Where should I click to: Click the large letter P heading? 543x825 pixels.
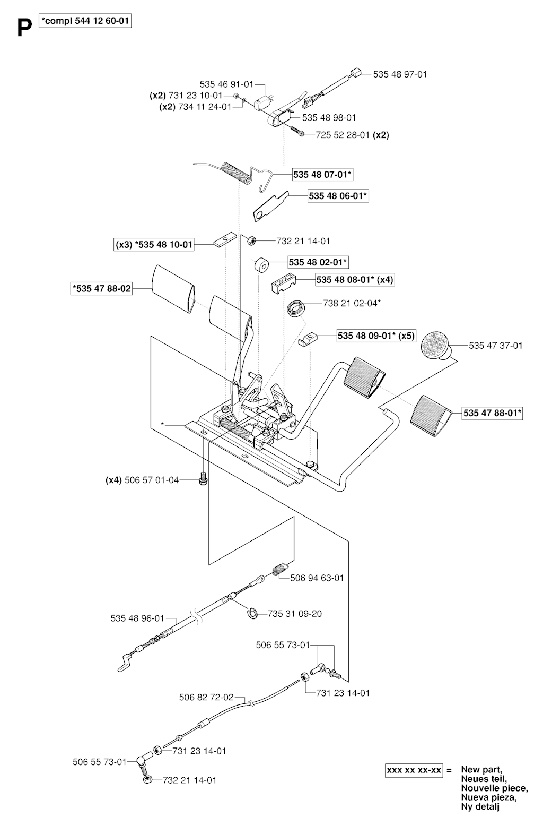[x=24, y=28]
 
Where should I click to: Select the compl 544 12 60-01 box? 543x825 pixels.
[x=85, y=21]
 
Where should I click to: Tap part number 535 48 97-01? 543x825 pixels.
[x=400, y=74]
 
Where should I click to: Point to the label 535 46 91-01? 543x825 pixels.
[x=226, y=84]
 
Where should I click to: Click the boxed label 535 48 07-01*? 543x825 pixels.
[x=322, y=174]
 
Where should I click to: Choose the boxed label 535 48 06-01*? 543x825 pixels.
[x=338, y=195]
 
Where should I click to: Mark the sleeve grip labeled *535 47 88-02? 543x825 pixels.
[x=173, y=288]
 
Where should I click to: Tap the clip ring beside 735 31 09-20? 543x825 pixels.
[x=253, y=613]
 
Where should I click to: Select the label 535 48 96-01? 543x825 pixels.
[x=137, y=618]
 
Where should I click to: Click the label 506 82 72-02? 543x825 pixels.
[x=206, y=697]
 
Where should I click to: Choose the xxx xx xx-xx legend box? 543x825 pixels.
[x=414, y=770]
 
